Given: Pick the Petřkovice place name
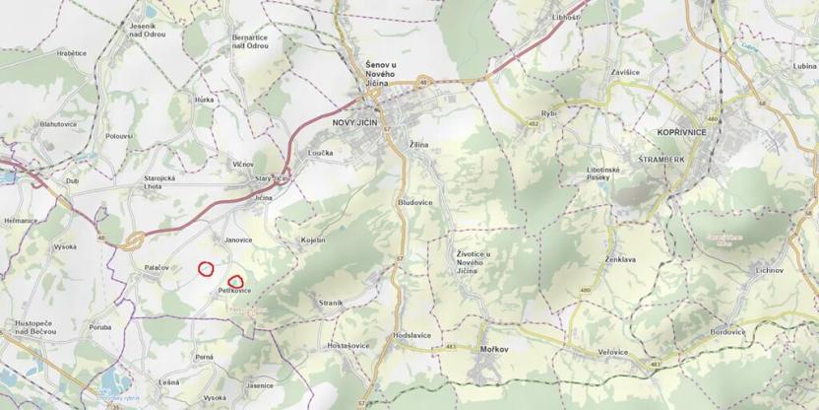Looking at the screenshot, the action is point(235,292).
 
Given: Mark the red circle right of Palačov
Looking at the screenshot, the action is point(206,267).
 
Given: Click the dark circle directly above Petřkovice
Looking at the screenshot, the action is point(235,280).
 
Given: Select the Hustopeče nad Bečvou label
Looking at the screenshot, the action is point(35,327).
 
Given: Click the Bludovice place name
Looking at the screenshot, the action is point(414,201).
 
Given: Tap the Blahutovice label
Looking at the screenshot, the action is point(58,124).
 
